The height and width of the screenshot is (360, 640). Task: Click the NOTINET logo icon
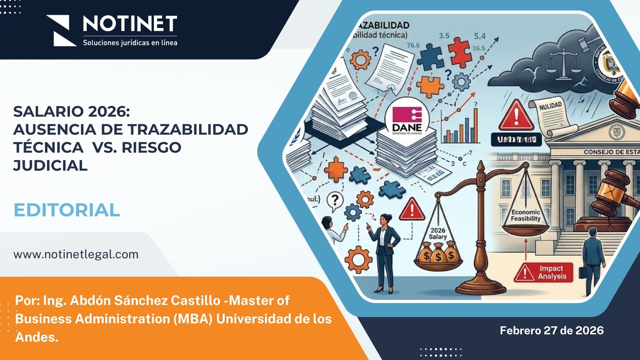(x=61, y=30)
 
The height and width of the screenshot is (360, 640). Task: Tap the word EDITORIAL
(x=67, y=210)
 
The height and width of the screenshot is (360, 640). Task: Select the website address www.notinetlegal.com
(x=76, y=254)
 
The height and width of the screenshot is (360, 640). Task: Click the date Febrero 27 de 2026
(x=552, y=330)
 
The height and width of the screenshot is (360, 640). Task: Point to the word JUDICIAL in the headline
(x=50, y=165)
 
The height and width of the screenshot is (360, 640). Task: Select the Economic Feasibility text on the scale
(x=526, y=215)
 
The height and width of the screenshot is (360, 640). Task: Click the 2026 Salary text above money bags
(x=438, y=233)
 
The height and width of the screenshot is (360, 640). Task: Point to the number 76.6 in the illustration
(x=413, y=45)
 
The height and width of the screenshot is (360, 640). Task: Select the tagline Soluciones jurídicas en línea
(x=130, y=43)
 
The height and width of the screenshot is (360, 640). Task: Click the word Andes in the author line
(x=37, y=337)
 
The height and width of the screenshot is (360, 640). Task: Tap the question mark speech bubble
(x=335, y=201)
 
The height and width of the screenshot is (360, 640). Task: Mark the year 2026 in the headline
(x=107, y=112)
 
